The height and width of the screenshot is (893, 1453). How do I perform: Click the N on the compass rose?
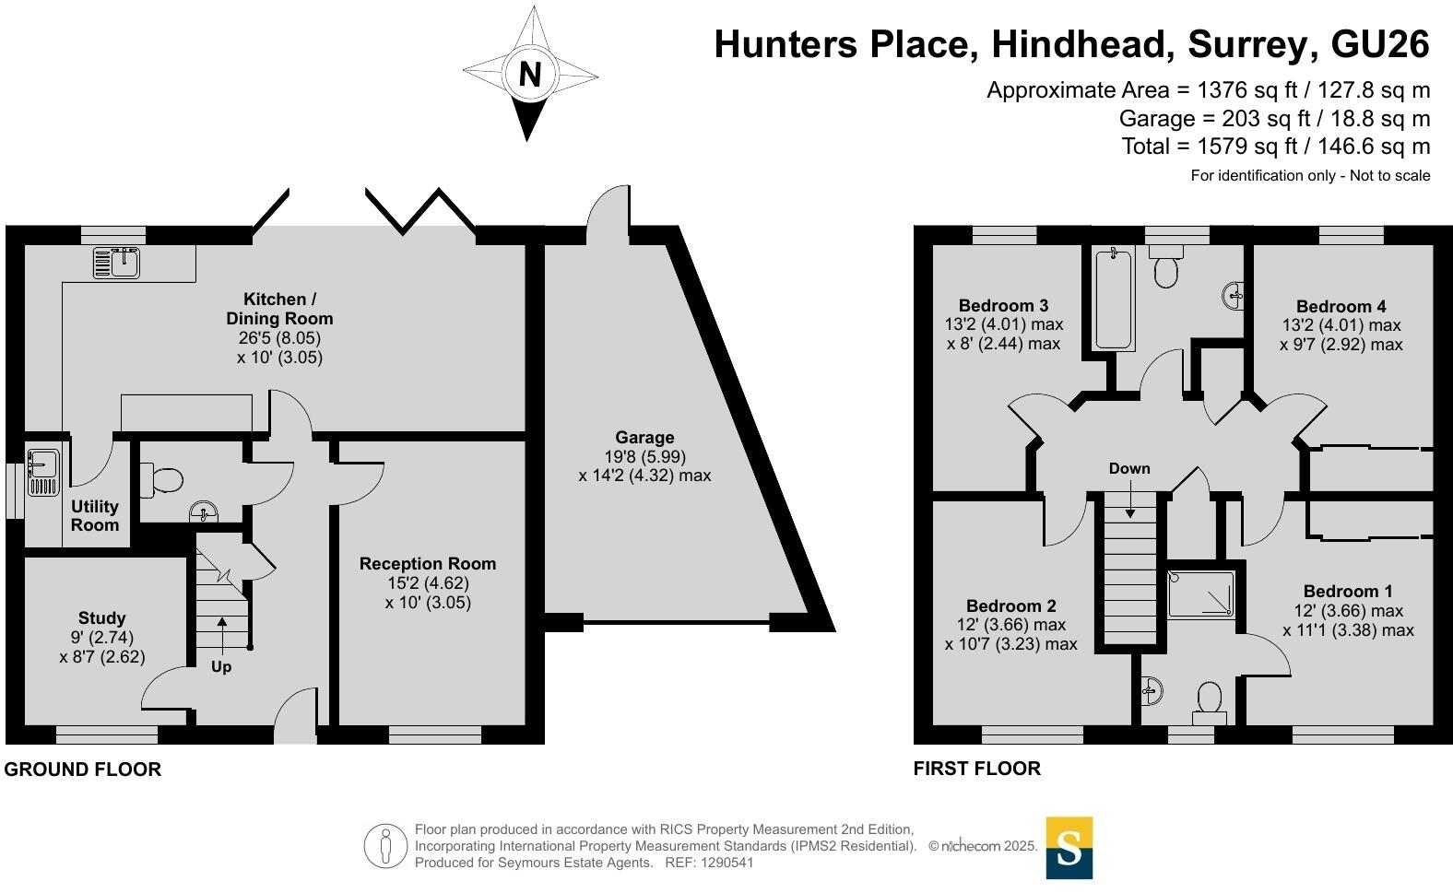click(529, 74)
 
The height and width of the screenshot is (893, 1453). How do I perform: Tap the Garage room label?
click(644, 438)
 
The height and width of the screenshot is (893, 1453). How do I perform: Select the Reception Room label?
click(428, 564)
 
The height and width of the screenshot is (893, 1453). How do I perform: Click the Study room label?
click(101, 618)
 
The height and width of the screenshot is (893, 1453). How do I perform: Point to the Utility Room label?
click(95, 516)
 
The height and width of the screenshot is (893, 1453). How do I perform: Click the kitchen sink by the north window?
click(116, 263)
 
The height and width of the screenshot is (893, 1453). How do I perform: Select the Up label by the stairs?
click(221, 666)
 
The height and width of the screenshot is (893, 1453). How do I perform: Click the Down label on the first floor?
click(1129, 468)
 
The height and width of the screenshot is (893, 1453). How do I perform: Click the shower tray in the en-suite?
click(1201, 593)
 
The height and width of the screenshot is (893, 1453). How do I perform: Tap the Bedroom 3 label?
click(1003, 306)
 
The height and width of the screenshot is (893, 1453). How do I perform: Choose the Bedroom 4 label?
click(1341, 307)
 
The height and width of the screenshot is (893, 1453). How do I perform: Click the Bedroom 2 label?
click(1010, 606)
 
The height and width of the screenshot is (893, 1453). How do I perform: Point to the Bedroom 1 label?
click(1348, 592)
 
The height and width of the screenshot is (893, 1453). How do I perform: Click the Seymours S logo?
click(1069, 848)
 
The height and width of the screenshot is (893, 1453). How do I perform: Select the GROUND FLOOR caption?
click(83, 770)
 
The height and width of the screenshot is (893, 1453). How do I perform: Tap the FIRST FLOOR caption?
click(976, 769)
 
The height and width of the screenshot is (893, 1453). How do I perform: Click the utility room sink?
click(42, 471)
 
